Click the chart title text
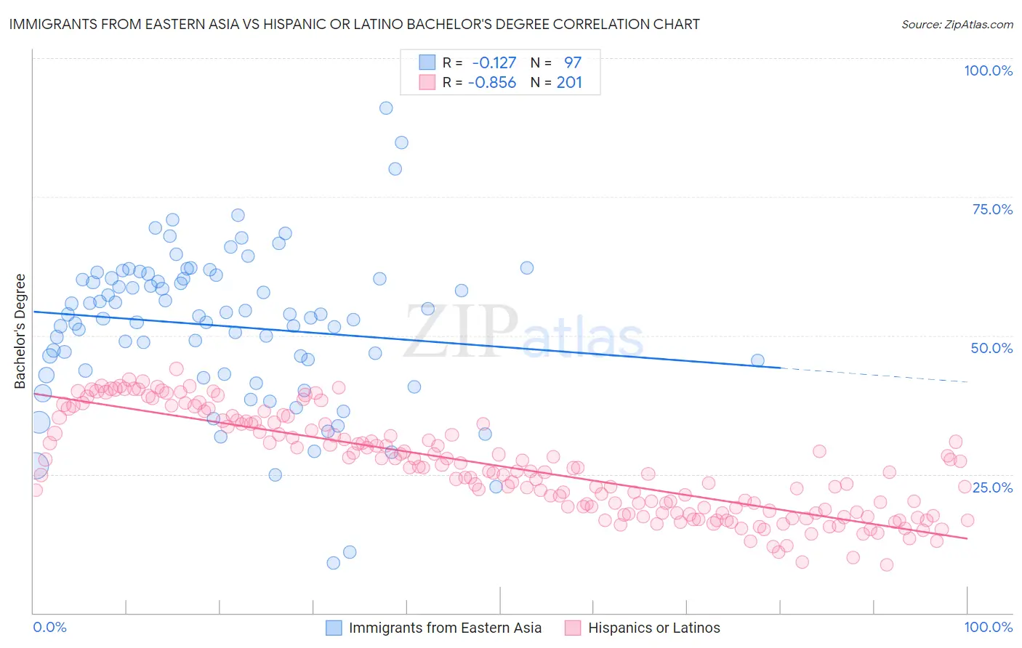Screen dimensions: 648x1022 click(354, 24)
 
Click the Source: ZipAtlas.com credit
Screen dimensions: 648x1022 click(957, 24)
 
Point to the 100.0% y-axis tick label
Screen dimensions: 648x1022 click(988, 70)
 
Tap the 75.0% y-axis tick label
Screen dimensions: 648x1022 click(992, 209)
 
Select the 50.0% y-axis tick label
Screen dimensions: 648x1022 click(991, 348)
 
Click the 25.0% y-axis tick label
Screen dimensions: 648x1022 click(992, 487)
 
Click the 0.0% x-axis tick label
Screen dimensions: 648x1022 click(49, 627)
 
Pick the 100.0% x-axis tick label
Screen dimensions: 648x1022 click(988, 627)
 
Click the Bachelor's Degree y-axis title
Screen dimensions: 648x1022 click(20, 331)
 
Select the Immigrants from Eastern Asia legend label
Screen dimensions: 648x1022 click(445, 628)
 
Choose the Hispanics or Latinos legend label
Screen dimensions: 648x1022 click(653, 628)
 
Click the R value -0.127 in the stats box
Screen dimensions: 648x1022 click(494, 62)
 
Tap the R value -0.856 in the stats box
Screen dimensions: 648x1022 click(492, 82)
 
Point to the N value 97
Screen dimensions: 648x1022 click(573, 62)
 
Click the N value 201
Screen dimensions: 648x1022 click(569, 82)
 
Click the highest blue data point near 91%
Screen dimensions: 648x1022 click(386, 108)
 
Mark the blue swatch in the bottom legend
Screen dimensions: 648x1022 click(334, 628)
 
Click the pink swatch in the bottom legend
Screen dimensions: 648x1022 click(573, 628)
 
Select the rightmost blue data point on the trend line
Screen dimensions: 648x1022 click(757, 360)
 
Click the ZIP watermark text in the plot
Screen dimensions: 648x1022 click(460, 331)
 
